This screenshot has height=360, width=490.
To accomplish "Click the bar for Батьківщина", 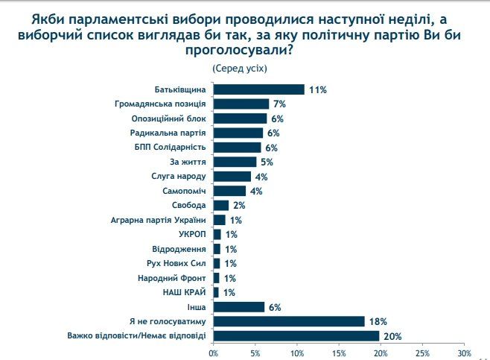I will pyautogui.click(x=259, y=89).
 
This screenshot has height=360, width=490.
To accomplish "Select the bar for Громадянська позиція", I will pyautogui.click(x=241, y=104).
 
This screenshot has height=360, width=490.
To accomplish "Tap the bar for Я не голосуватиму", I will pyautogui.click(x=289, y=321).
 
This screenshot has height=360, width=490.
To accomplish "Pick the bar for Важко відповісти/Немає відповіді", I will pyautogui.click(x=296, y=335).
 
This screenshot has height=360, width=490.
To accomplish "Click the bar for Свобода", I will pyautogui.click(x=221, y=205).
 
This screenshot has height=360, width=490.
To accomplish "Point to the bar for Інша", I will pyautogui.click(x=239, y=306).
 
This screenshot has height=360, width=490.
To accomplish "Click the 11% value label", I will pyautogui.click(x=318, y=89).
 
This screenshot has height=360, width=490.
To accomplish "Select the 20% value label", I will pyautogui.click(x=392, y=336).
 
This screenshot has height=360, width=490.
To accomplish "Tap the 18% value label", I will pyautogui.click(x=378, y=321).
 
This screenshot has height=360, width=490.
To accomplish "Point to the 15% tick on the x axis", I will pyautogui.click(x=339, y=352).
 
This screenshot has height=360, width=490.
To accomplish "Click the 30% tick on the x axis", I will pyautogui.click(x=464, y=352).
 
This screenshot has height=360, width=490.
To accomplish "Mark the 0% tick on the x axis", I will pyautogui.click(x=214, y=352).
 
